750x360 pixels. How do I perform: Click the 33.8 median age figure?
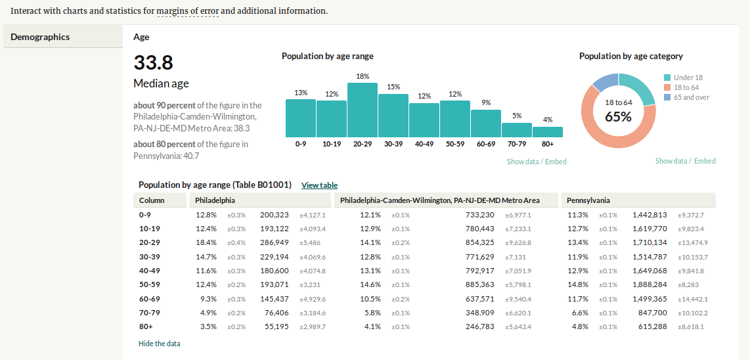point(153,62)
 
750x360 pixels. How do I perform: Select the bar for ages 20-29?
point(362,110)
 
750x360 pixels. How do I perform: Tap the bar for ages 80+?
point(548,132)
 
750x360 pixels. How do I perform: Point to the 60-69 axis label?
point(486,144)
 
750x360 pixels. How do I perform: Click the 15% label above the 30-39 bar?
point(393,87)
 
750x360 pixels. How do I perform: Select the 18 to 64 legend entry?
point(682,87)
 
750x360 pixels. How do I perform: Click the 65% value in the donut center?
point(619,116)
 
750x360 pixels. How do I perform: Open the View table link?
point(320,185)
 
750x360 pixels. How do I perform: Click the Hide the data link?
point(160,343)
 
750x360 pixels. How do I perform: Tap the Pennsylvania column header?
point(588,200)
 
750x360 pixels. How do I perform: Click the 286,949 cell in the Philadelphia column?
point(275,242)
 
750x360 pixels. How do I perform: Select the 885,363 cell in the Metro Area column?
point(481,284)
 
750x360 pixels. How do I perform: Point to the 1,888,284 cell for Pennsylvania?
point(651,284)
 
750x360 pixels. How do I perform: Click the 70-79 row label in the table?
point(148,313)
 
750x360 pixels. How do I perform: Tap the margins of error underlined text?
point(188,11)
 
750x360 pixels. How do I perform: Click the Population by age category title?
point(631,56)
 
